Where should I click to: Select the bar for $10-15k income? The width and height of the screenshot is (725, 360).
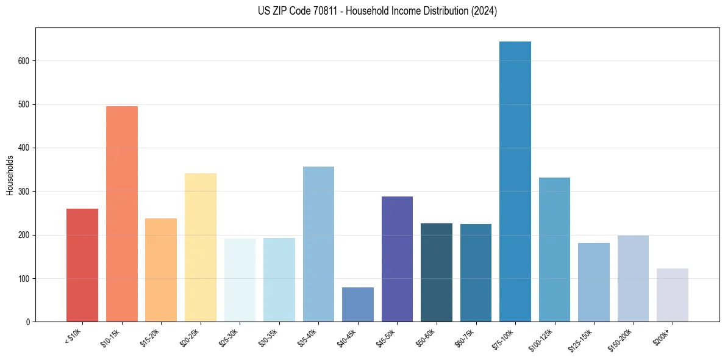coord(121,214)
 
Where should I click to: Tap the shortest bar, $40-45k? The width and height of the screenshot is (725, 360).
coord(357,304)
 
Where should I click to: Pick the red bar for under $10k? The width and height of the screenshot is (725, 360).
coord(82,265)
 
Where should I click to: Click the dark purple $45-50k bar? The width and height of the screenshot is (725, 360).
coord(397,259)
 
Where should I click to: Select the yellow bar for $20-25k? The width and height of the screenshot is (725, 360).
coord(200,247)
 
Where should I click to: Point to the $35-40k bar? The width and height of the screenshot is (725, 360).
coord(318,244)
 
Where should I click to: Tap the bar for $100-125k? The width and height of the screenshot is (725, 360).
coord(554,250)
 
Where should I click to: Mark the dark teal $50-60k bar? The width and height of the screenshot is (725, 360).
coord(436,272)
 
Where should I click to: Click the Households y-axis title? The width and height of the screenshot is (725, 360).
coord(10,175)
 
